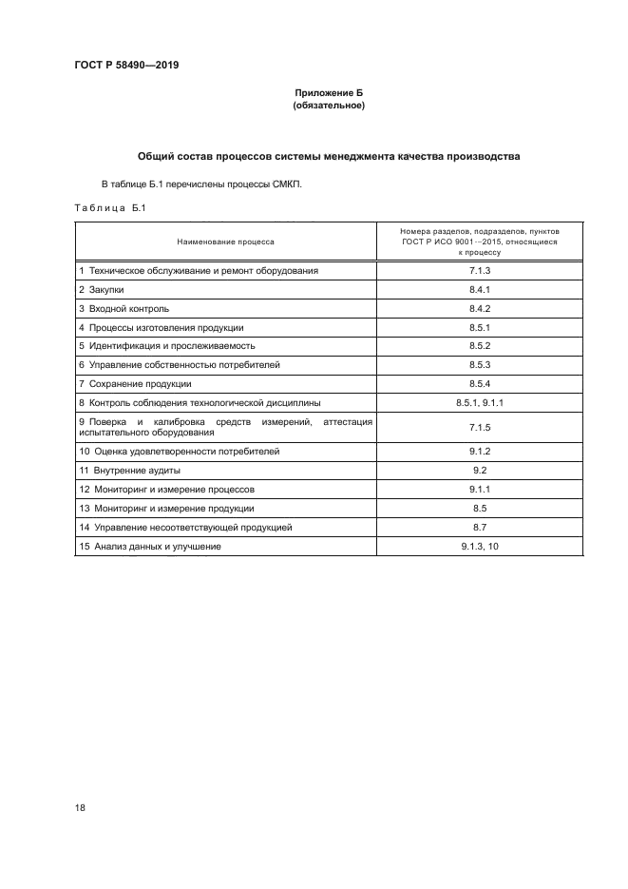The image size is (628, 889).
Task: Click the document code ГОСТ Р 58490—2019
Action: point(126,66)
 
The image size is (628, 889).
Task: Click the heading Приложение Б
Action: point(329,92)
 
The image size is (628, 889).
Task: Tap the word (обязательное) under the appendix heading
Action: point(329,106)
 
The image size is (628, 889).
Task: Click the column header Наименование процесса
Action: point(225,242)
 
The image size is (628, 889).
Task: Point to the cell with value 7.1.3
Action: point(479,270)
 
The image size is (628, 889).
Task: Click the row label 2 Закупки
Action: point(102,289)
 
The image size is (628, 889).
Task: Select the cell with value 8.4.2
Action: point(479,309)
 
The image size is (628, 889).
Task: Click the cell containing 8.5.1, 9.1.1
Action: point(479,402)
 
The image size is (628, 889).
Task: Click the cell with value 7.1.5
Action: point(479,426)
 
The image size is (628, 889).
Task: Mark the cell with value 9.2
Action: point(479,470)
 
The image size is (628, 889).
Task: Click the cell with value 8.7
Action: point(479,526)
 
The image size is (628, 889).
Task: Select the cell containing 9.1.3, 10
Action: point(479,546)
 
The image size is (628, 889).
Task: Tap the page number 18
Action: point(80,807)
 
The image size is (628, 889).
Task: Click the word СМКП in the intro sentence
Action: point(285,184)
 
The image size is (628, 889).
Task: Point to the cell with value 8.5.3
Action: point(479,364)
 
